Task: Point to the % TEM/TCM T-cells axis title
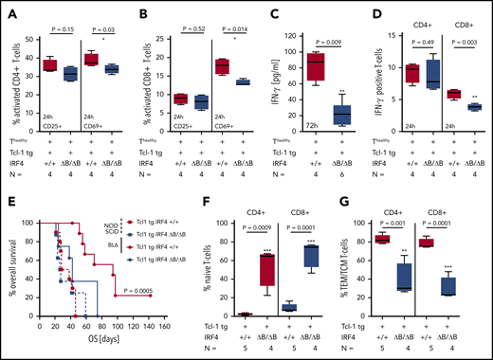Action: (352, 270)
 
